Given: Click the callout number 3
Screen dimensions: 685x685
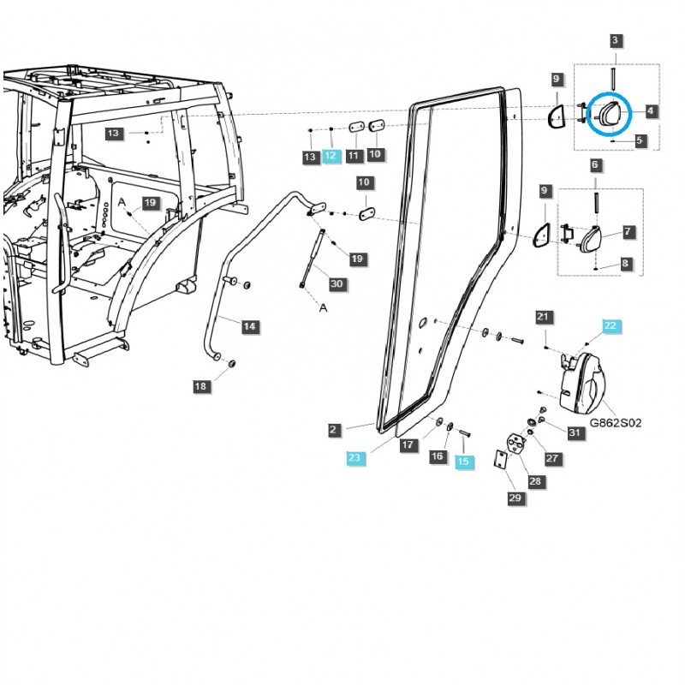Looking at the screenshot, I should [616, 40].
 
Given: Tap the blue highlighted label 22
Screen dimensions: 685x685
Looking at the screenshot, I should [610, 325].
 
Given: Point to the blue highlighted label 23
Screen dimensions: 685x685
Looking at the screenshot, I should [355, 458].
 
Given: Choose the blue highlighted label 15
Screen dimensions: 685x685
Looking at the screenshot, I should [463, 461].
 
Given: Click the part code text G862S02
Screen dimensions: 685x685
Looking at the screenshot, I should [615, 423].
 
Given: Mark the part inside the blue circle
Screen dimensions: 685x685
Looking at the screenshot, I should [609, 114].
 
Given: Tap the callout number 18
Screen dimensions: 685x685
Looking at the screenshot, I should [200, 386].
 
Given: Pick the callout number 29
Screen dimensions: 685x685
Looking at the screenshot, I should [515, 497].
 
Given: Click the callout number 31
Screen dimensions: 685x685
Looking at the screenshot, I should [575, 433].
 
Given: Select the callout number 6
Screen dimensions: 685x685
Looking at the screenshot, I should [595, 164].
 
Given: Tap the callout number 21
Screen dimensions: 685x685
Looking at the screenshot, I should [542, 318].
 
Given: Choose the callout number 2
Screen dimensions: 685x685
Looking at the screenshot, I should [335, 429].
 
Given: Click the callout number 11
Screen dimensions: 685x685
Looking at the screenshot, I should [353, 156].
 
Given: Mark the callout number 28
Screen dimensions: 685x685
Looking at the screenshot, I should [535, 482].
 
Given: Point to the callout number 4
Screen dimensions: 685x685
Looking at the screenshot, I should [651, 111].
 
